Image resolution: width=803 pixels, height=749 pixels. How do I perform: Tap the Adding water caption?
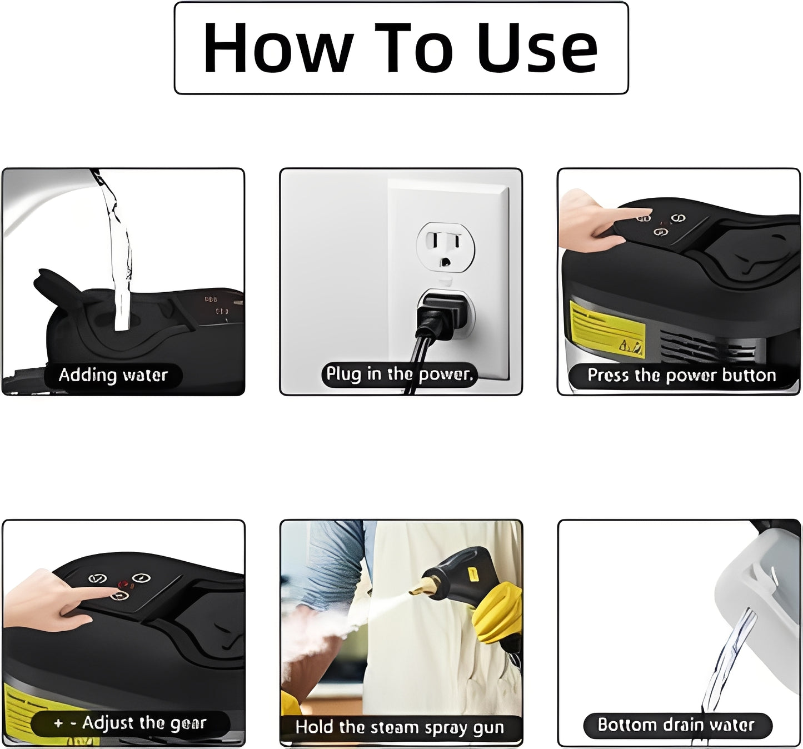113,375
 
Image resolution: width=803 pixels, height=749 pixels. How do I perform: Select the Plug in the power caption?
400,374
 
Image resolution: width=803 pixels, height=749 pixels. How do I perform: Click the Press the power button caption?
681,376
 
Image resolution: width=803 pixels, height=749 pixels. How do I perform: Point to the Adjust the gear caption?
131,723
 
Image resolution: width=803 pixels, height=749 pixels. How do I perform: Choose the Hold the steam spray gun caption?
400,727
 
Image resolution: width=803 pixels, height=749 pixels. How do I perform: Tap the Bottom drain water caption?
676,725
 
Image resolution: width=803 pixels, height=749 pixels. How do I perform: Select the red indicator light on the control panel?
123,584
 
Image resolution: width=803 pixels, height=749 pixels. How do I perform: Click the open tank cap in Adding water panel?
56,286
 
